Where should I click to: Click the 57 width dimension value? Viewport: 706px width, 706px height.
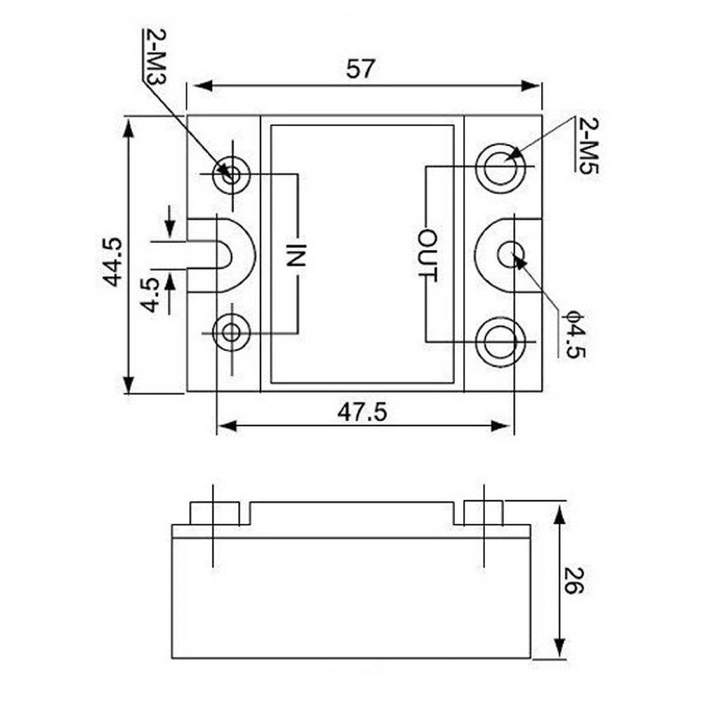click(360, 69)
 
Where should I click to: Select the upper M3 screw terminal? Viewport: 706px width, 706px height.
click(232, 174)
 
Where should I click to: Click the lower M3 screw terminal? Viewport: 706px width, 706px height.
click(232, 332)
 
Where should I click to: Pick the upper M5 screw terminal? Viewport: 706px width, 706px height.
click(501, 168)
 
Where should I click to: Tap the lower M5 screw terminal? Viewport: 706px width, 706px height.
click(501, 341)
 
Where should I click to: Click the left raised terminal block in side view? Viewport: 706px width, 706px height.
click(215, 513)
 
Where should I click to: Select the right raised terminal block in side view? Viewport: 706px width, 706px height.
click(483, 513)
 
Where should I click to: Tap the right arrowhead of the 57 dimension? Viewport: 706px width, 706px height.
click(532, 86)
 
